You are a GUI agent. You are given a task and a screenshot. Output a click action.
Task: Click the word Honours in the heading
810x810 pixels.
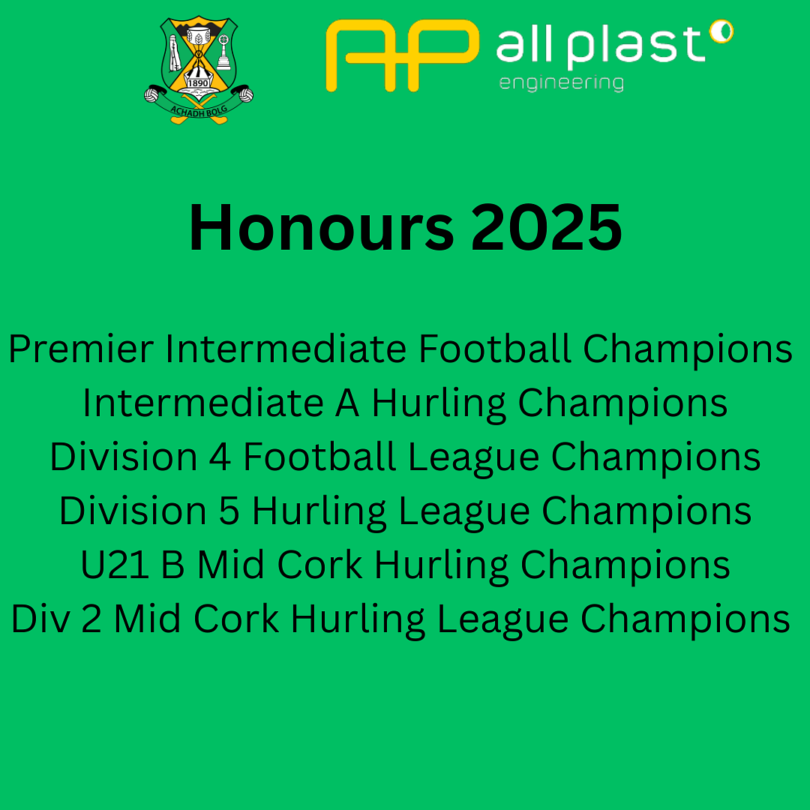click(321, 227)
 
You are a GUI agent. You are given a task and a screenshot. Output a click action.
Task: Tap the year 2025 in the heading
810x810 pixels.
click(547, 227)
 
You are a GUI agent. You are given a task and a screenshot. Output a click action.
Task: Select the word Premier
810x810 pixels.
click(81, 349)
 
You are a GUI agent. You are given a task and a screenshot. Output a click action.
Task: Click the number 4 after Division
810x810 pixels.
click(220, 457)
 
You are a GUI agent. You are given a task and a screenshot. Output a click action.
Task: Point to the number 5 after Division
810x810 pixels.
click(229, 511)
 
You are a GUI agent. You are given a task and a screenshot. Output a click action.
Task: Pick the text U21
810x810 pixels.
click(115, 565)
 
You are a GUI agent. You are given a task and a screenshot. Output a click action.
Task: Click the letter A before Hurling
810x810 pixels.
click(347, 403)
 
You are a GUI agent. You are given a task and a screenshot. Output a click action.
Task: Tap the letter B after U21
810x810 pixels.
click(173, 565)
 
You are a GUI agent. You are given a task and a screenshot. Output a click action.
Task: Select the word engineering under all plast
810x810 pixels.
click(562, 83)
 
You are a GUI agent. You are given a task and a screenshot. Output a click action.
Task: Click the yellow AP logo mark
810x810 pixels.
click(403, 55)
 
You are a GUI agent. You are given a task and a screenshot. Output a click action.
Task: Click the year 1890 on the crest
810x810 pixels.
click(198, 82)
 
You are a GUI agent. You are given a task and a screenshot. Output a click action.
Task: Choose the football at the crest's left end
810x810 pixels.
click(151, 95)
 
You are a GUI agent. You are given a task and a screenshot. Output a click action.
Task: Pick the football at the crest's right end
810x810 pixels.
click(246, 95)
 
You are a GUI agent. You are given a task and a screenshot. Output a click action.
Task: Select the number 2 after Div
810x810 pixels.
click(91, 619)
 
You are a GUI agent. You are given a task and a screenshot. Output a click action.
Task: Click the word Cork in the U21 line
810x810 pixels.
click(319, 565)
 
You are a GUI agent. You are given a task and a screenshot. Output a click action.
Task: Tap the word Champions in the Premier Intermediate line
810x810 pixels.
click(688, 349)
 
